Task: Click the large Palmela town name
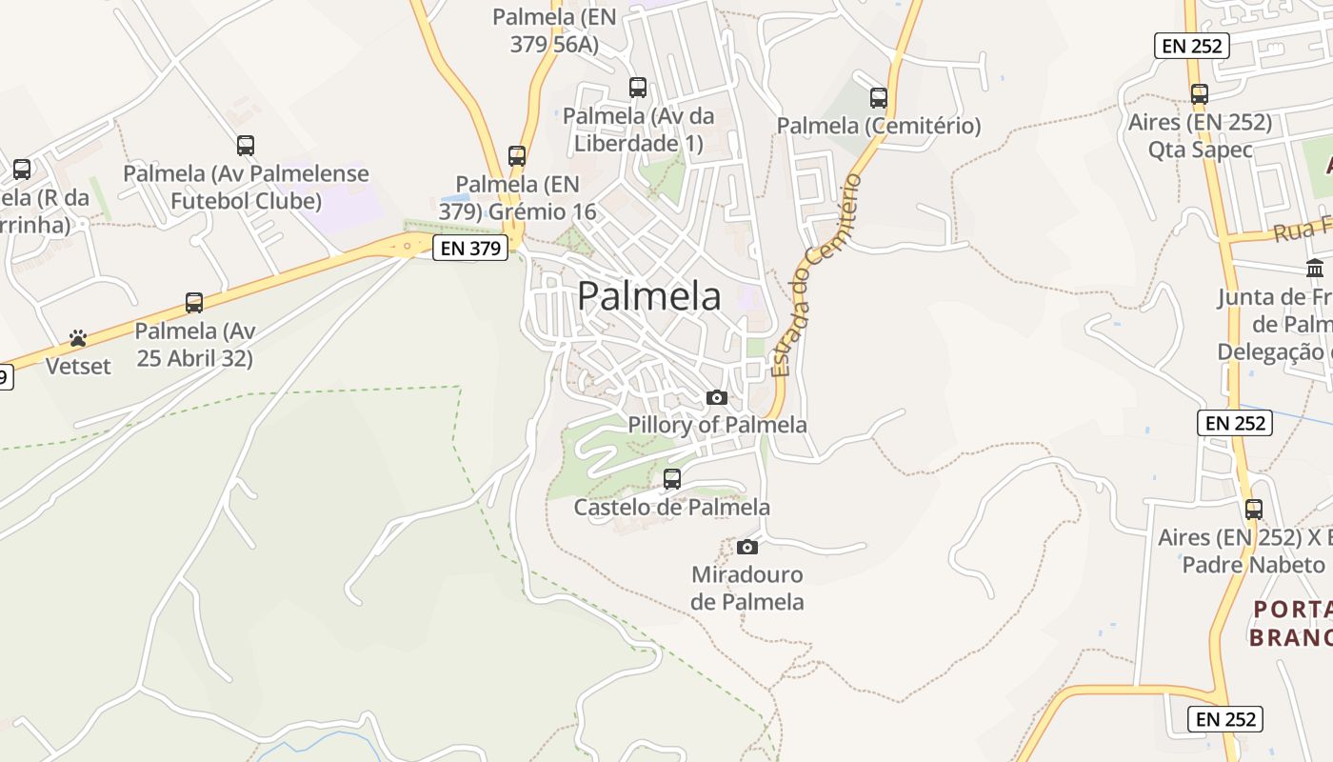[649, 296]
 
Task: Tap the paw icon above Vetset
[78, 338]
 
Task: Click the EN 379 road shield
[470, 249]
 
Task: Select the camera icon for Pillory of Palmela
[717, 397]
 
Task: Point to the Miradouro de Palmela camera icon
[747, 547]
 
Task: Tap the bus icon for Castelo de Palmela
[672, 479]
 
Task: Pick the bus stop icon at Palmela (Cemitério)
[879, 97]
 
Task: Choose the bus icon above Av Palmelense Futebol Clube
[246, 146]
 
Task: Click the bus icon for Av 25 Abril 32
[194, 303]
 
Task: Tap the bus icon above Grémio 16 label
[517, 155]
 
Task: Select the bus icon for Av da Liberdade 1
[638, 88]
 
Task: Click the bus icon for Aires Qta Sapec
[1200, 94]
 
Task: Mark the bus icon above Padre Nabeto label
[1254, 510]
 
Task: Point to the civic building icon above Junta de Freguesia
[1315, 268]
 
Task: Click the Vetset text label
[78, 366]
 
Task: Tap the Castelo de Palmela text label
[671, 508]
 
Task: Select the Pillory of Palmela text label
[717, 425]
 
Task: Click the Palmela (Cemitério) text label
[879, 126]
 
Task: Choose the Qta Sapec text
[1200, 150]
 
